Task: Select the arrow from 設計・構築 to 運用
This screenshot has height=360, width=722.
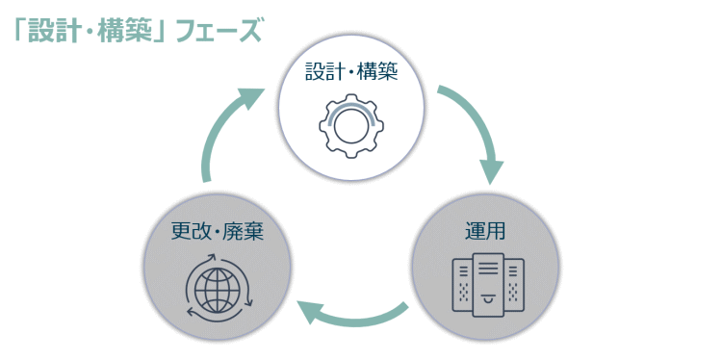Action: click(477, 125)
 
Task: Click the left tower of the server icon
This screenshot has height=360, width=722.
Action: click(462, 287)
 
